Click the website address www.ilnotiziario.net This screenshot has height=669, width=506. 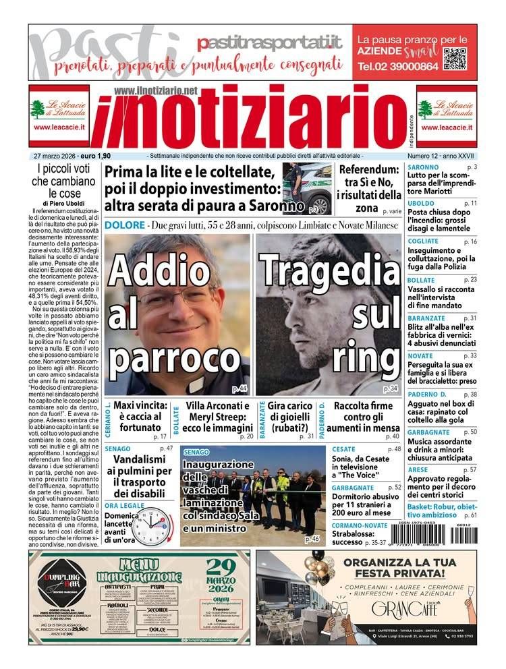[x=156, y=90]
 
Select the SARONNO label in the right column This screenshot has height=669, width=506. [x=423, y=167]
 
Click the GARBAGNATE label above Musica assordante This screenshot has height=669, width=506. [x=428, y=432]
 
